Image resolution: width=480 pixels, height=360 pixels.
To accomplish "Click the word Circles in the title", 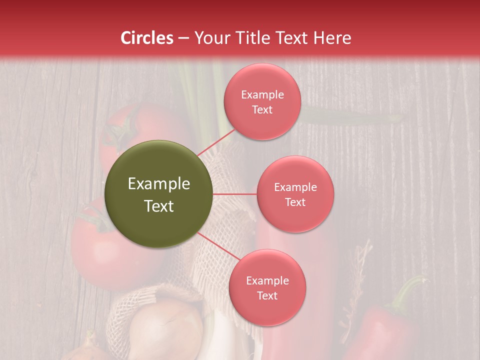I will tap(147, 38).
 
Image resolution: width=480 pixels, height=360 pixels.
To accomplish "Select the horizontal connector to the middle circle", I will tap(235, 194).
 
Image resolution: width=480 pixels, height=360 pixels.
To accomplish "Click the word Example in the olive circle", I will tap(159, 184).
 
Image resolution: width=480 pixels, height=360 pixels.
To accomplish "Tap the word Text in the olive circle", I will tap(159, 206).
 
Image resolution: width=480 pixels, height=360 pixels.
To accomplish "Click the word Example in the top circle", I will tap(262, 95).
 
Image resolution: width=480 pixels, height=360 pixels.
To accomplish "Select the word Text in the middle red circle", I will tap(295, 202).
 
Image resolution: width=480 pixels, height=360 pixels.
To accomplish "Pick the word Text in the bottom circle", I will tap(267, 295).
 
